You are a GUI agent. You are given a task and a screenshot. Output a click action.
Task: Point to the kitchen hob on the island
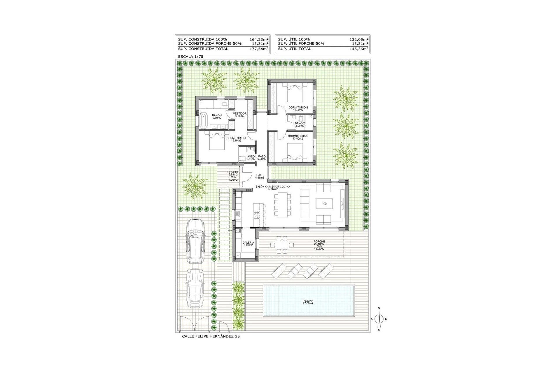pos(256,215)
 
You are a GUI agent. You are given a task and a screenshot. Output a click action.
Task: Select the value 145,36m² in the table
pos(359,49)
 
